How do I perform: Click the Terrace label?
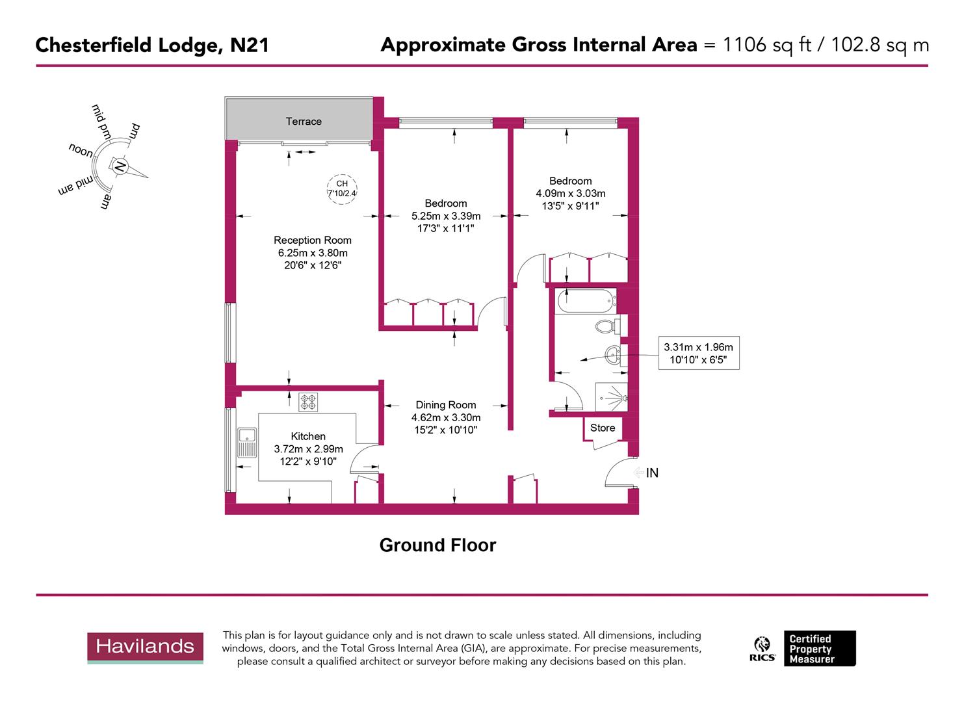(304, 122)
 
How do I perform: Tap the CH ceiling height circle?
(342, 188)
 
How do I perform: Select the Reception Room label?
(312, 240)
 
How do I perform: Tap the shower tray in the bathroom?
(611, 397)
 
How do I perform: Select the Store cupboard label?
(602, 428)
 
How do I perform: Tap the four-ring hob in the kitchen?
(308, 402)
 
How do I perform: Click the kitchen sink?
(247, 443)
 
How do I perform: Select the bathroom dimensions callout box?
(698, 354)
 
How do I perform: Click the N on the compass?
(120, 166)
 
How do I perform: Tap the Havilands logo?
(145, 647)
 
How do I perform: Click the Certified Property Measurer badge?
(819, 648)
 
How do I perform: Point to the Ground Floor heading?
(437, 545)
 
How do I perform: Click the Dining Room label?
(445, 405)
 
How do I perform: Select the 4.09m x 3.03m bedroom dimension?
(570, 193)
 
